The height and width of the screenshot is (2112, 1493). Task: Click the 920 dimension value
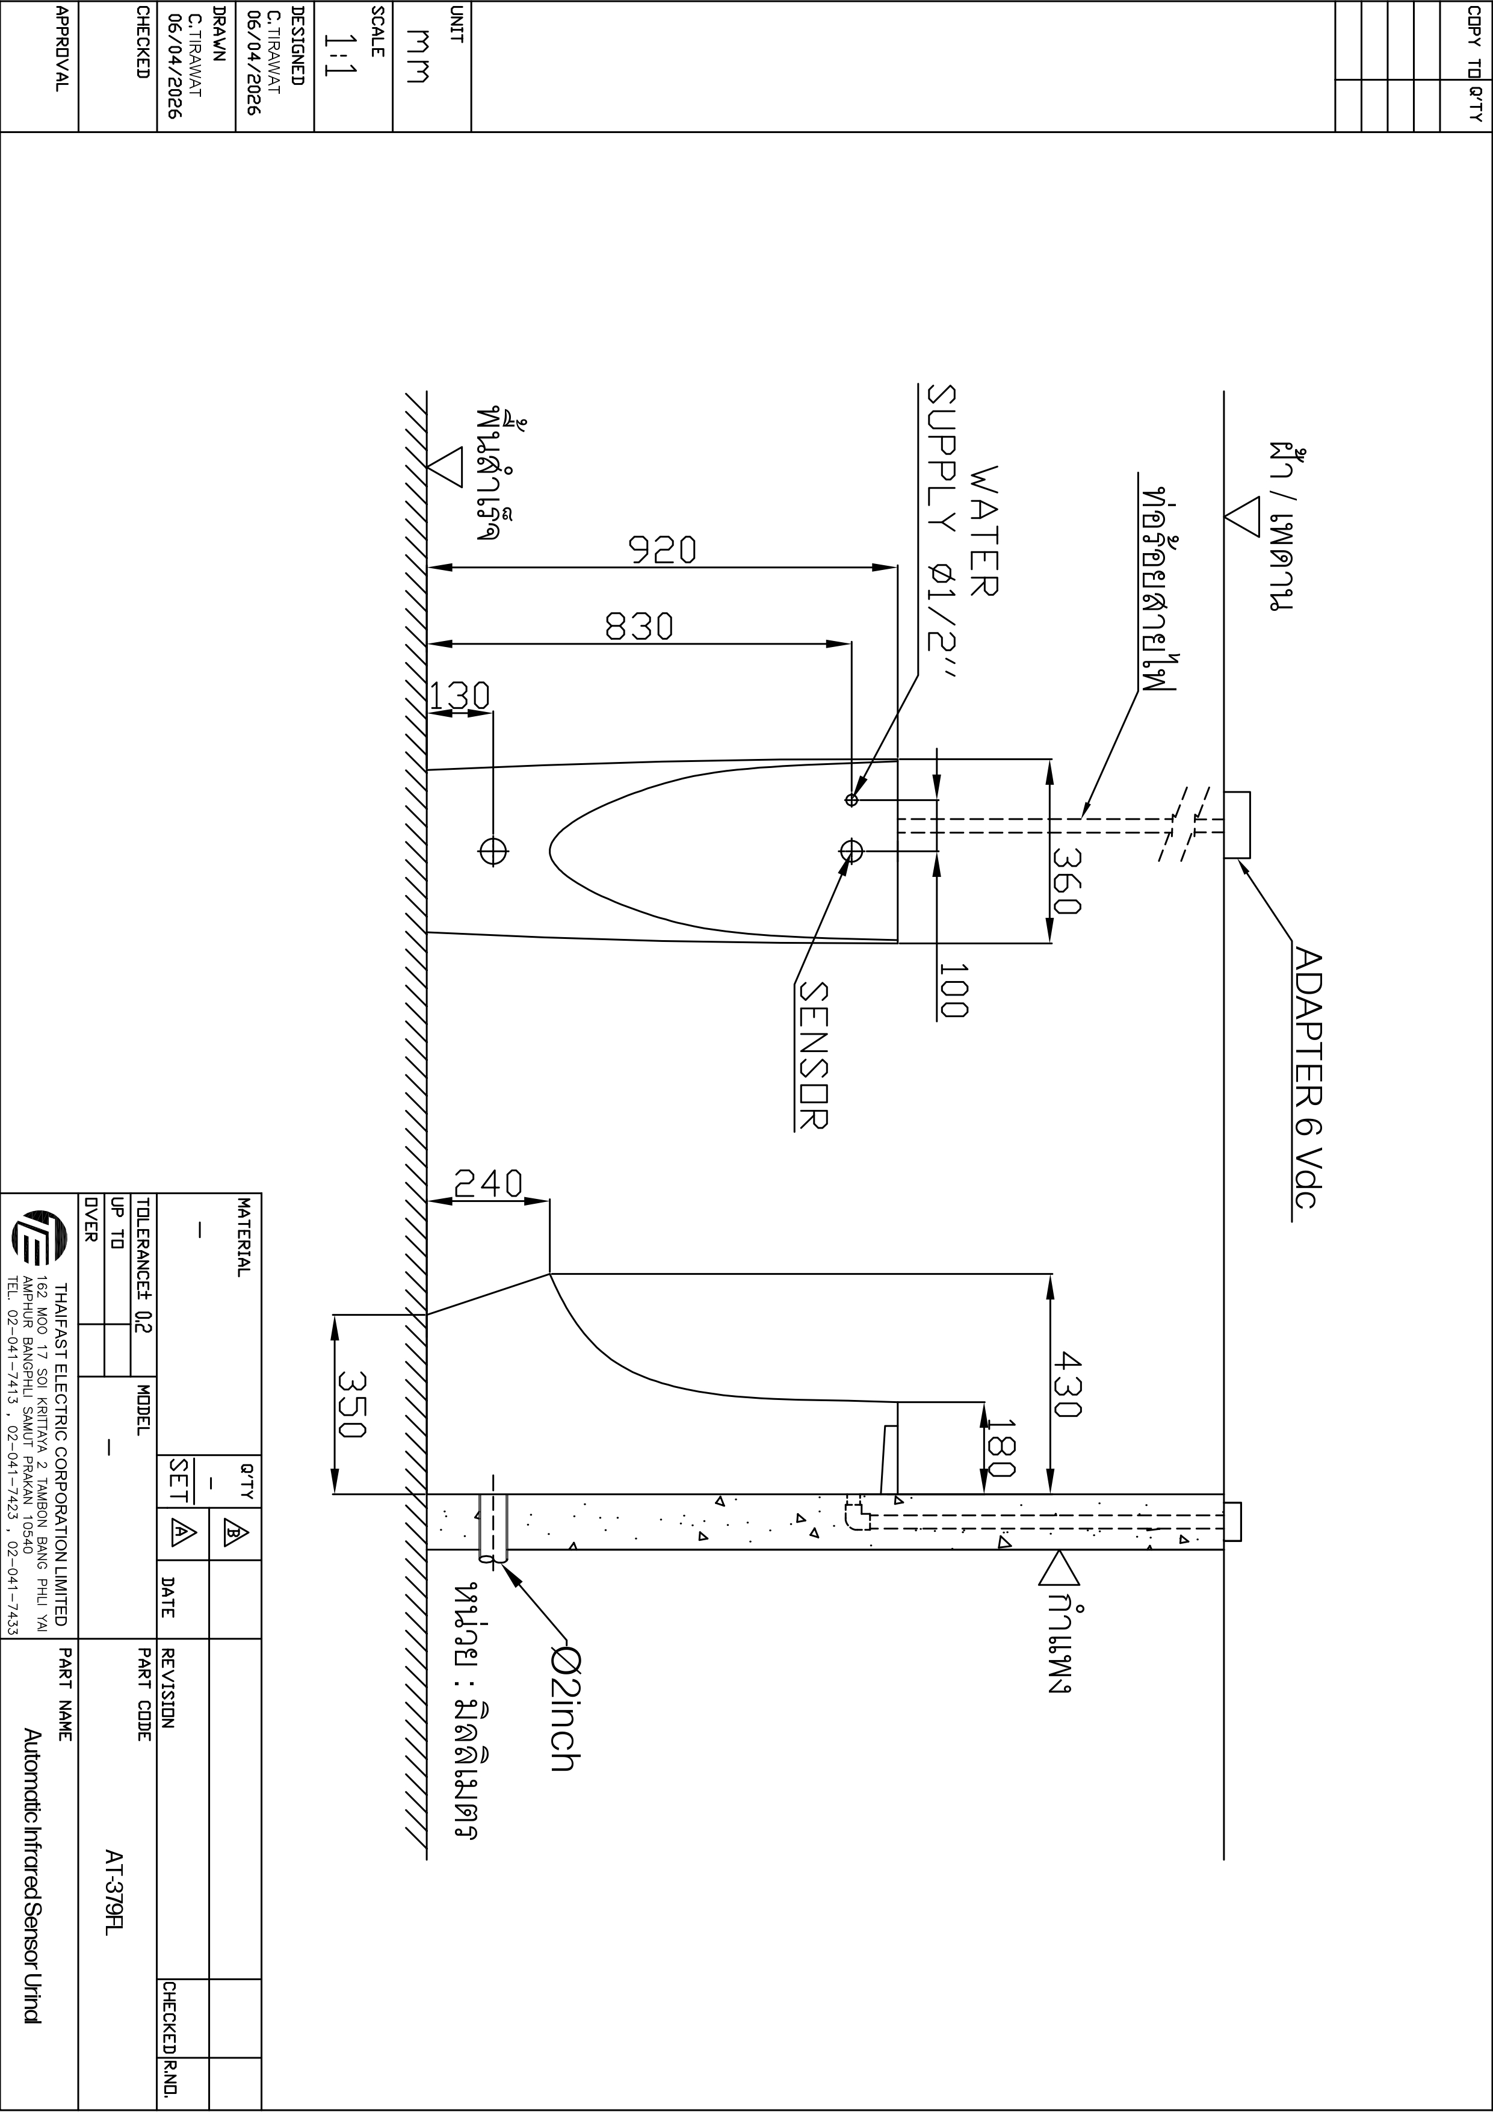coord(663,550)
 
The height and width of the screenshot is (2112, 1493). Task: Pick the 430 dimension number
coord(1066,1384)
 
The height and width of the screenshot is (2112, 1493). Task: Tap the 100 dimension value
coord(954,989)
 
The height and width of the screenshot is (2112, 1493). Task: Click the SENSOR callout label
coord(812,1056)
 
